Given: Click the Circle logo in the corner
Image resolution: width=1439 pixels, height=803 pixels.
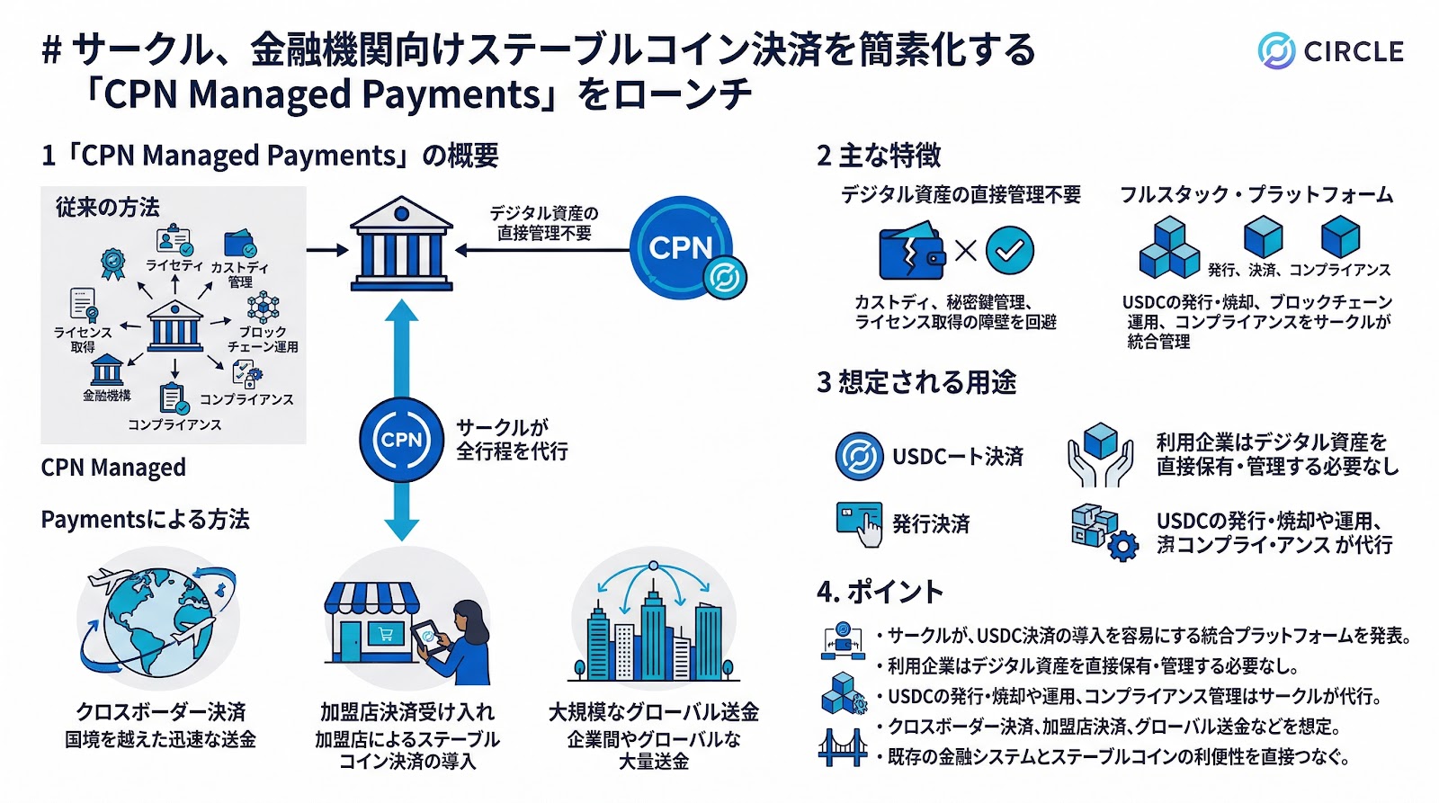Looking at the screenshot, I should [x=1330, y=51].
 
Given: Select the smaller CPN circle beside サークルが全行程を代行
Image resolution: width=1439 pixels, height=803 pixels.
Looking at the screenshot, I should [x=402, y=440].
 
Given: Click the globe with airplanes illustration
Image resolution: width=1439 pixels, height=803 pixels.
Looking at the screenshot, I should [x=159, y=620].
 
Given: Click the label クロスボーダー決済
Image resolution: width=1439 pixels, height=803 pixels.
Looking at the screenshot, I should [x=160, y=712].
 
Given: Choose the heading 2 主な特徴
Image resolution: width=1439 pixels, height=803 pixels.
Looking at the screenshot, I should [x=879, y=156].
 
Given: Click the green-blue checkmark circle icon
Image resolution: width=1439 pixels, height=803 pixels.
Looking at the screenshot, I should [x=1009, y=250].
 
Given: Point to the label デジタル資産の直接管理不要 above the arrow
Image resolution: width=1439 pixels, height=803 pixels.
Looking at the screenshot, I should [x=543, y=223].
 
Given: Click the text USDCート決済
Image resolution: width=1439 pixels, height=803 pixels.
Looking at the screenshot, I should [x=957, y=457].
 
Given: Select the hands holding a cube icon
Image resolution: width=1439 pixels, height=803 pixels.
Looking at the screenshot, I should [x=1100, y=455].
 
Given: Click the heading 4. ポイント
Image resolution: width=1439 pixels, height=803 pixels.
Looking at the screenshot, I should [x=880, y=592].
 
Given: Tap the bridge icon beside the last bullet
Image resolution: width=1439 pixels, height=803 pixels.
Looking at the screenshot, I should [x=842, y=747].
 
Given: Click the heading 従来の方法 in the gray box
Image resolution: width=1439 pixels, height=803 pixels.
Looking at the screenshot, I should [x=107, y=208].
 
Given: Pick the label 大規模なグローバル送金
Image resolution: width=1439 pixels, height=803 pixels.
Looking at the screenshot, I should [x=654, y=712].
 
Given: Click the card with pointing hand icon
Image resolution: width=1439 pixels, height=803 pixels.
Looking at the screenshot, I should [x=859, y=523].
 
